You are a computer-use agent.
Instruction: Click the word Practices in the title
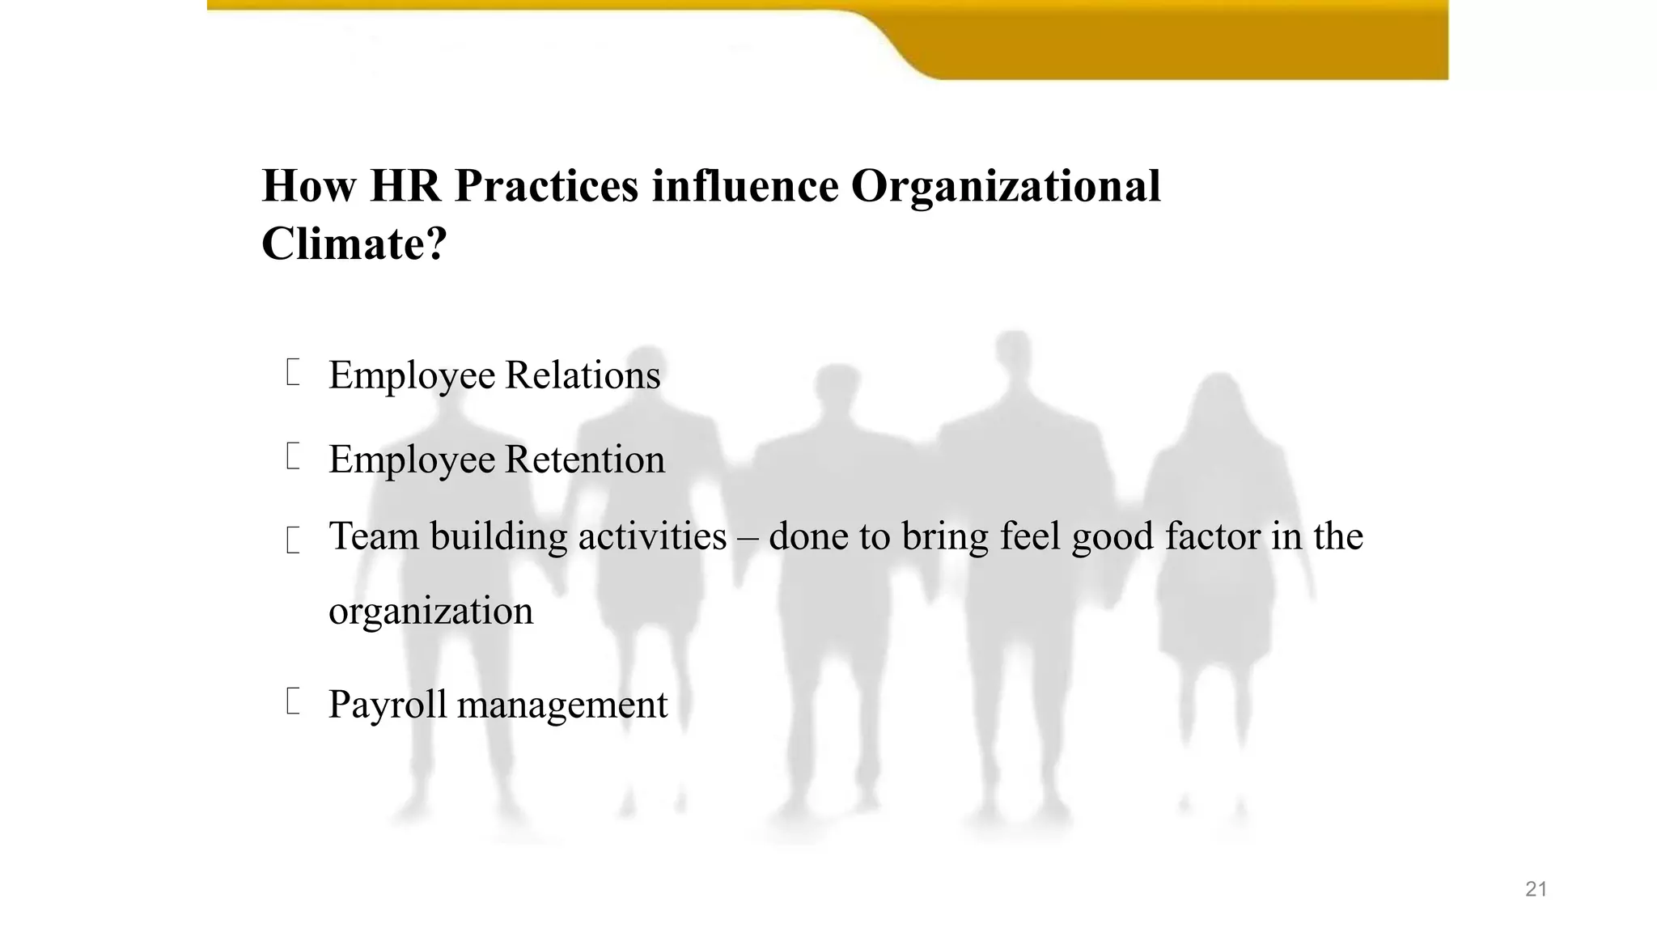click(546, 186)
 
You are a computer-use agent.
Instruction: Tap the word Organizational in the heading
click(1006, 186)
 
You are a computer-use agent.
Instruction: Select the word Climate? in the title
click(354, 243)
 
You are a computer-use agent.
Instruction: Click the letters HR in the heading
click(405, 186)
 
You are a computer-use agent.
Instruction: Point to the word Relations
click(583, 375)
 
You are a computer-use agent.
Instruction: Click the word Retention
click(585, 460)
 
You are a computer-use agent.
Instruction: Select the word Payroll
click(388, 705)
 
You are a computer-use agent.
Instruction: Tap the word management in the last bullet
click(562, 705)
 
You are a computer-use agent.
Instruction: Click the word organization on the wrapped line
click(430, 611)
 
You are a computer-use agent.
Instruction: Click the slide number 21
click(1536, 889)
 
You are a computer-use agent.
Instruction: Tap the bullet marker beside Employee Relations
click(293, 373)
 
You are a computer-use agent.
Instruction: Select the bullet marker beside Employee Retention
click(293, 456)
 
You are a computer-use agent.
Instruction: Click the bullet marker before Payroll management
click(293, 701)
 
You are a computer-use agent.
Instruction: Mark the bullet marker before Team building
click(293, 540)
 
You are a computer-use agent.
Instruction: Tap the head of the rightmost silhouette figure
click(1218, 396)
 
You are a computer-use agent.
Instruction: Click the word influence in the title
click(745, 186)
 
